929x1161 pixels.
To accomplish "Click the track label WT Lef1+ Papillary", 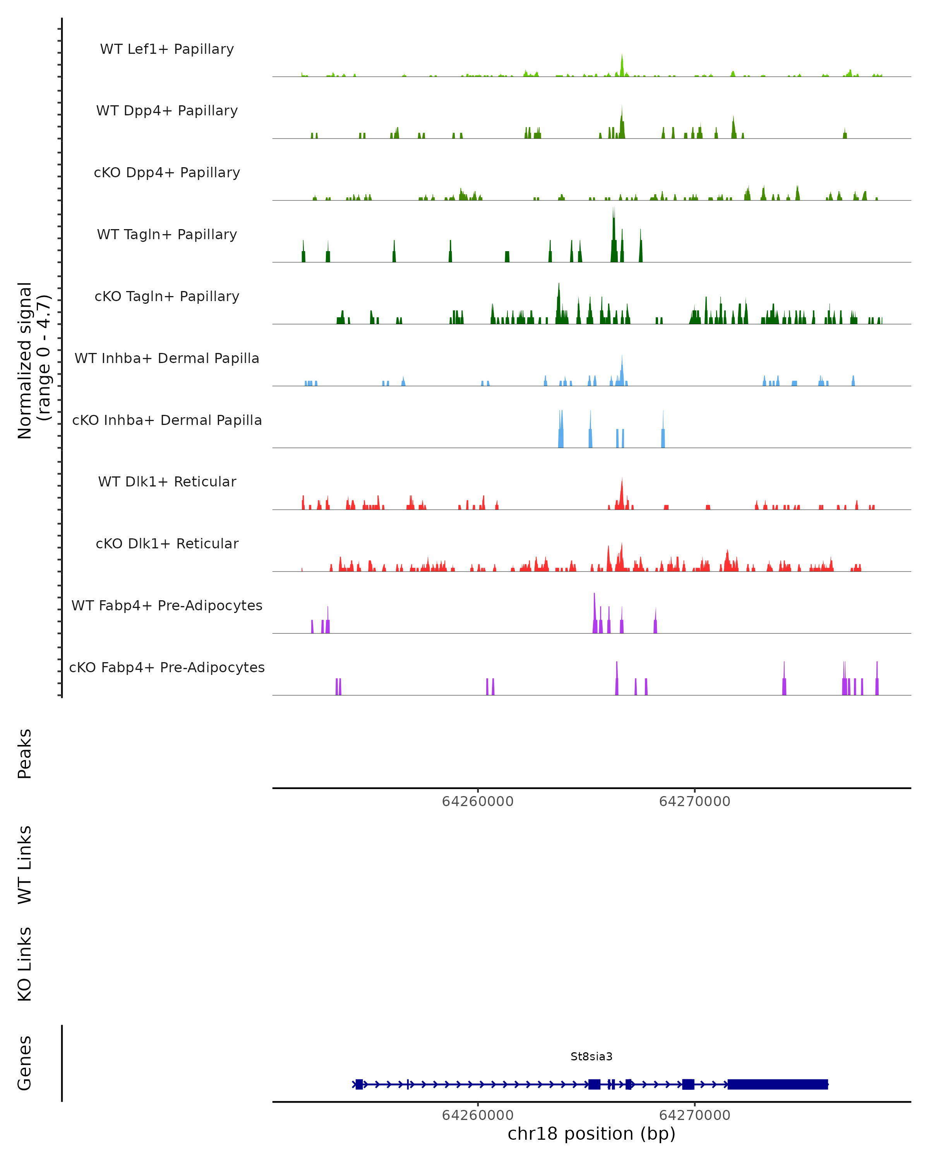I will click(x=167, y=49).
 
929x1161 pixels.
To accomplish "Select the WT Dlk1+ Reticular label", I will click(x=167, y=481).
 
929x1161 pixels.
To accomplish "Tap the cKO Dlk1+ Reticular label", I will click(x=167, y=543).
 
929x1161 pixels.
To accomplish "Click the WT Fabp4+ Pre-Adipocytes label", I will click(x=167, y=605).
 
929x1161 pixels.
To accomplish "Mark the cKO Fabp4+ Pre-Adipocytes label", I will click(x=167, y=667).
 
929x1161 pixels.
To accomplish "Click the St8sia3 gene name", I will click(x=591, y=1057).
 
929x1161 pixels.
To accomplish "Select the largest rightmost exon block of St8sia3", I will click(x=777, y=1084).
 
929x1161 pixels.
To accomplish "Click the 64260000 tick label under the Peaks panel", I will click(x=478, y=801).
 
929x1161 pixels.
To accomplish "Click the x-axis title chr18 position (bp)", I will click(x=591, y=1134).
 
